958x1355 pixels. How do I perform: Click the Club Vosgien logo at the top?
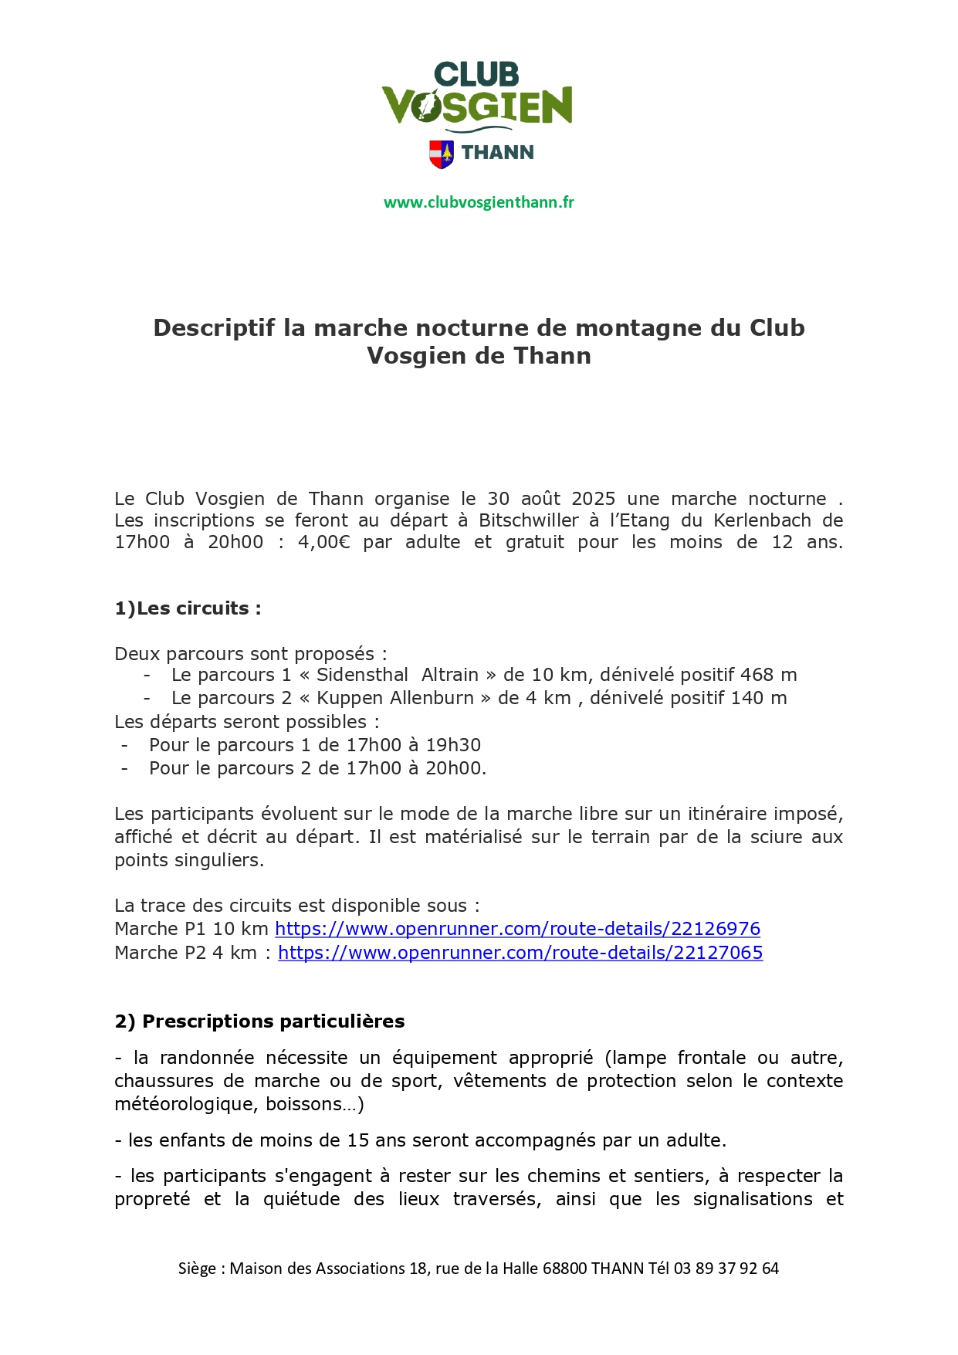pos(477,96)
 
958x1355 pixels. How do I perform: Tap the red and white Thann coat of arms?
pos(441,154)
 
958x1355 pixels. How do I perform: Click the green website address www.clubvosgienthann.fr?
pos(479,202)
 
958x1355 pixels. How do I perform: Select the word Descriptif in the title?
pos(214,328)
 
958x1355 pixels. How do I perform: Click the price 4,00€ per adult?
pos(323,542)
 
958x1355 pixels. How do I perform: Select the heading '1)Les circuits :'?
pos(188,608)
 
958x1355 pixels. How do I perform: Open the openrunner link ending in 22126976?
pos(517,929)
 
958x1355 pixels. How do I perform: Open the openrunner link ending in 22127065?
pos(520,953)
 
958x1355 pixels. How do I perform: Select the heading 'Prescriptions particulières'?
pos(273,1021)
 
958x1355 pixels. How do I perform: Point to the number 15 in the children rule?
pos(357,1140)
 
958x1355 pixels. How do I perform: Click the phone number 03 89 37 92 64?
pos(726,1269)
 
